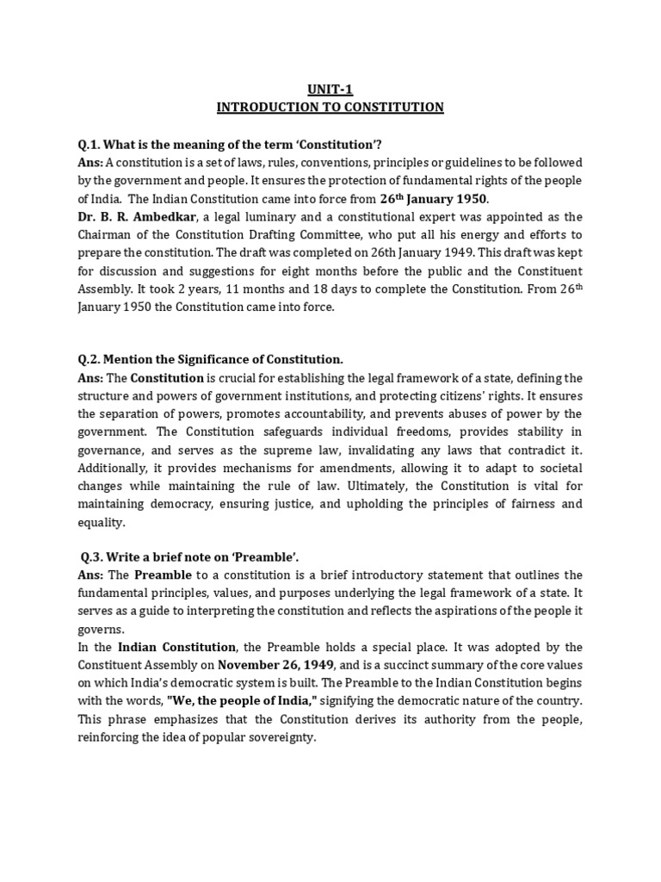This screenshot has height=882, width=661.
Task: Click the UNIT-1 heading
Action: point(330,88)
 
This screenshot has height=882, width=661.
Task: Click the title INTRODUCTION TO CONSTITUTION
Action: point(330,107)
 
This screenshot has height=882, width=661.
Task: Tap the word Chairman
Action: point(106,235)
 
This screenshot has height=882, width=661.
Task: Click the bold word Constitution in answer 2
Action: point(167,378)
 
